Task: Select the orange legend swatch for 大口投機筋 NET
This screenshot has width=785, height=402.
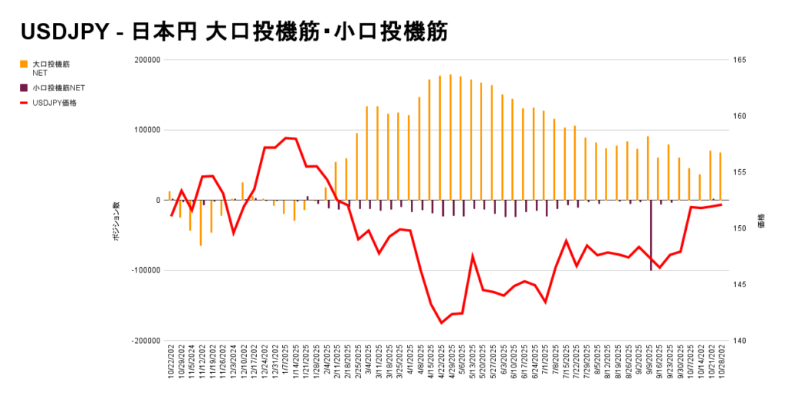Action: pos(25,64)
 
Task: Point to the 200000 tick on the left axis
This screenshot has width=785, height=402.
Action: pos(146,60)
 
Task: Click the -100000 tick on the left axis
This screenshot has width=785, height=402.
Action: pos(145,270)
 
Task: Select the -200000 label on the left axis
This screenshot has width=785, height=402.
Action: pos(145,341)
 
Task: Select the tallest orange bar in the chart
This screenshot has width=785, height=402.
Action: pos(450,138)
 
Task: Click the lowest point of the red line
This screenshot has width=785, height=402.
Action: pos(442,322)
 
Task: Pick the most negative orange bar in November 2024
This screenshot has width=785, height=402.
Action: pos(201,223)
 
